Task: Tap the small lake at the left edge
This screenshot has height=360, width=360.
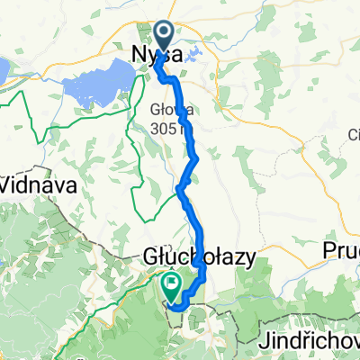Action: (4, 68)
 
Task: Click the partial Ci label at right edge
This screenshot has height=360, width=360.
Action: (353, 136)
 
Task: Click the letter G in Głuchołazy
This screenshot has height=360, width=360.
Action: (150, 257)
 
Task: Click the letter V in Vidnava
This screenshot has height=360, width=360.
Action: (8, 184)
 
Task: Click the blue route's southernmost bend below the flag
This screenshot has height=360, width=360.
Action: (175, 309)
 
